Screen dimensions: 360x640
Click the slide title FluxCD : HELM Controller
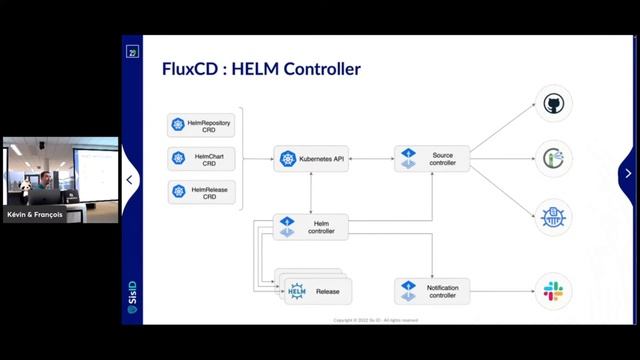tap(261, 69)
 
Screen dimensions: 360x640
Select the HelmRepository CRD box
tap(202, 125)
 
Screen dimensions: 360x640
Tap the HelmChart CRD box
tap(202, 158)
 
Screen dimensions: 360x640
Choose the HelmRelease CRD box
tap(202, 191)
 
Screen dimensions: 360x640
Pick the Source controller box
tap(432, 158)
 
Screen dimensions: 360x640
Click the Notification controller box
tap(432, 291)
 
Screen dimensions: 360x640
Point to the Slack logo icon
tap(553, 291)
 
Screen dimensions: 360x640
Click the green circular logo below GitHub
tap(553, 158)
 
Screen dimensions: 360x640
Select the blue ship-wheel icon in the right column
tap(553, 215)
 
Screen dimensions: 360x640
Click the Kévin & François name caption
tap(37, 214)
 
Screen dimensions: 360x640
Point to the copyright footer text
tap(375, 320)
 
